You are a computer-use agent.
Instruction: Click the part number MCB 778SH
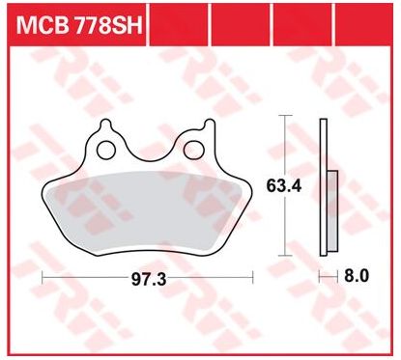tap(79, 26)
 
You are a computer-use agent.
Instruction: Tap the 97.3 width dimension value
tap(149, 279)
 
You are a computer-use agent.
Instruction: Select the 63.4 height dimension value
tap(284, 185)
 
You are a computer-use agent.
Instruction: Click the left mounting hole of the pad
tap(106, 150)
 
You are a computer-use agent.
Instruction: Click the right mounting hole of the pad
tap(193, 150)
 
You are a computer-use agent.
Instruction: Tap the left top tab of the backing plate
tap(106, 125)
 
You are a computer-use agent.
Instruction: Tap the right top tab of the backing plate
tap(210, 125)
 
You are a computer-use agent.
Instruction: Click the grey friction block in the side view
tap(332, 211)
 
